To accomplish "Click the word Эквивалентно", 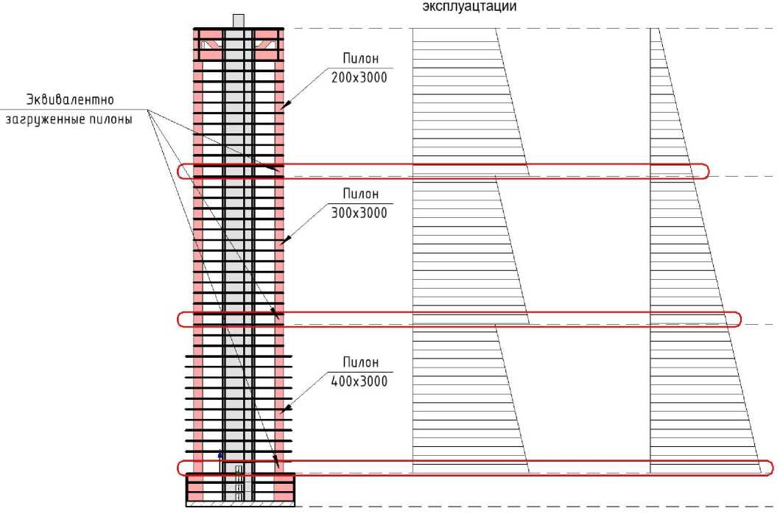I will click(72, 99).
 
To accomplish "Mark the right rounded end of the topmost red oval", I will click(705, 171).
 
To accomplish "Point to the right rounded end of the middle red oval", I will click(737, 319).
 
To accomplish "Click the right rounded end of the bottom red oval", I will click(769, 468).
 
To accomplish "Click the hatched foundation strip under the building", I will click(241, 506).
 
